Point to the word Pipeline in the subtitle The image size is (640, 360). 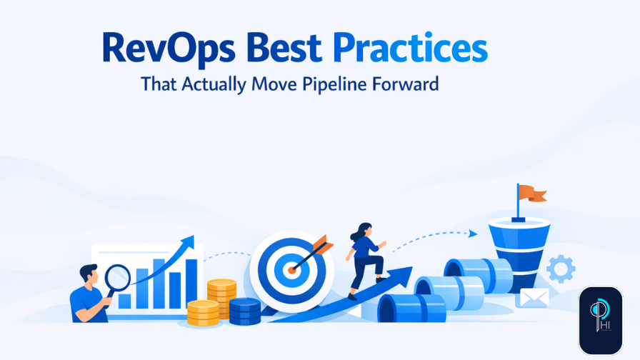(x=349, y=84)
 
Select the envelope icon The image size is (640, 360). (x=534, y=297)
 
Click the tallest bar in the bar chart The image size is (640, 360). (x=191, y=283)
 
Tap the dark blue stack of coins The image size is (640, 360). (x=244, y=310)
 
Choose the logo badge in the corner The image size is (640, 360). (x=600, y=320)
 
